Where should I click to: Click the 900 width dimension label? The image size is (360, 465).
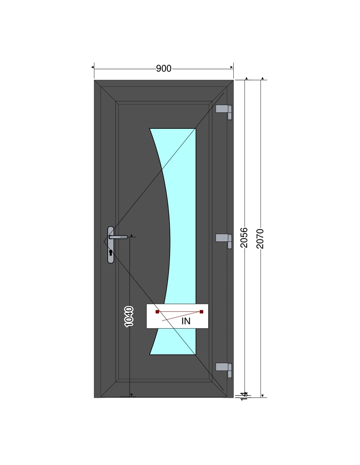(164, 68)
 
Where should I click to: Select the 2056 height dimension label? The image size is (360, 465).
(244, 237)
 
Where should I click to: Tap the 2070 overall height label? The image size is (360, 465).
(260, 239)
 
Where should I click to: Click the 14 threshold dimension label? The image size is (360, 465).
(244, 396)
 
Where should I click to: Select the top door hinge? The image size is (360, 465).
(224, 112)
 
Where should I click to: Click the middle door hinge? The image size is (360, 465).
(224, 241)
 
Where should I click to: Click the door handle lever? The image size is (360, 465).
(118, 237)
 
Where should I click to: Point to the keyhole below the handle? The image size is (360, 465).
(111, 253)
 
